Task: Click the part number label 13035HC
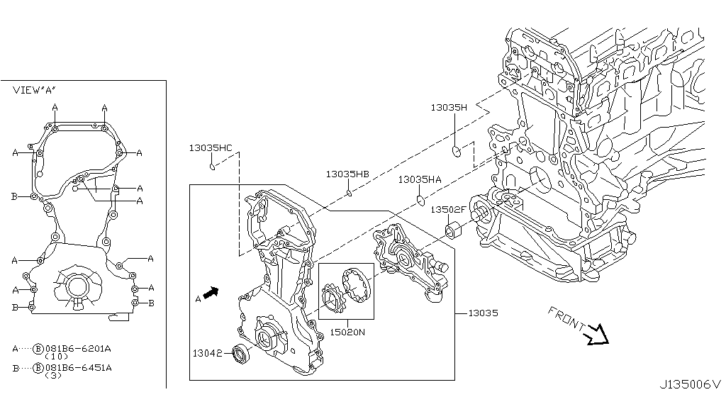tap(210, 148)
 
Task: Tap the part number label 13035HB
tap(347, 174)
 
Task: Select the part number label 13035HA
tap(420, 180)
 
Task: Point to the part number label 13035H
tap(449, 108)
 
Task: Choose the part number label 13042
tap(206, 352)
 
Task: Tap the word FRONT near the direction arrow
tap(565, 320)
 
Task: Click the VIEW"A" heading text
tap(34, 91)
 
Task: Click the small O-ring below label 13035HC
tap(211, 167)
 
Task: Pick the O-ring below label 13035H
tap(457, 151)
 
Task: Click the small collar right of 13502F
tap(454, 230)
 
